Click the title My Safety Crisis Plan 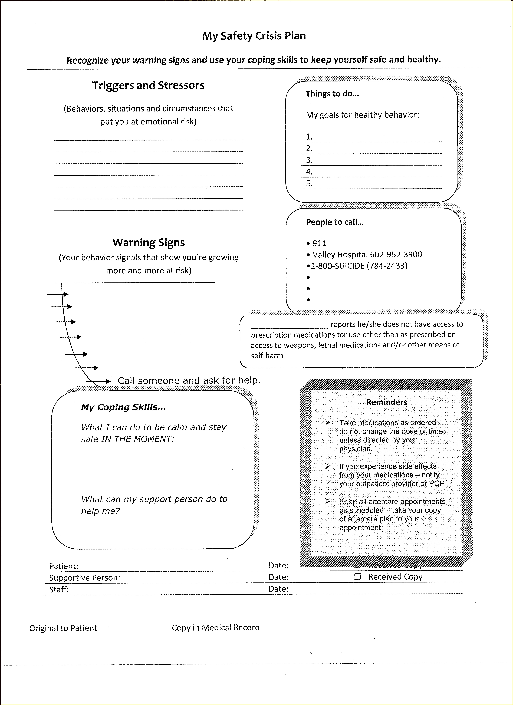click(254, 36)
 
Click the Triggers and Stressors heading click(148, 85)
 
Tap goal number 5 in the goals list click(309, 183)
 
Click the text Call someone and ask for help click(189, 380)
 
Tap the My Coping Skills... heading click(124, 407)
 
